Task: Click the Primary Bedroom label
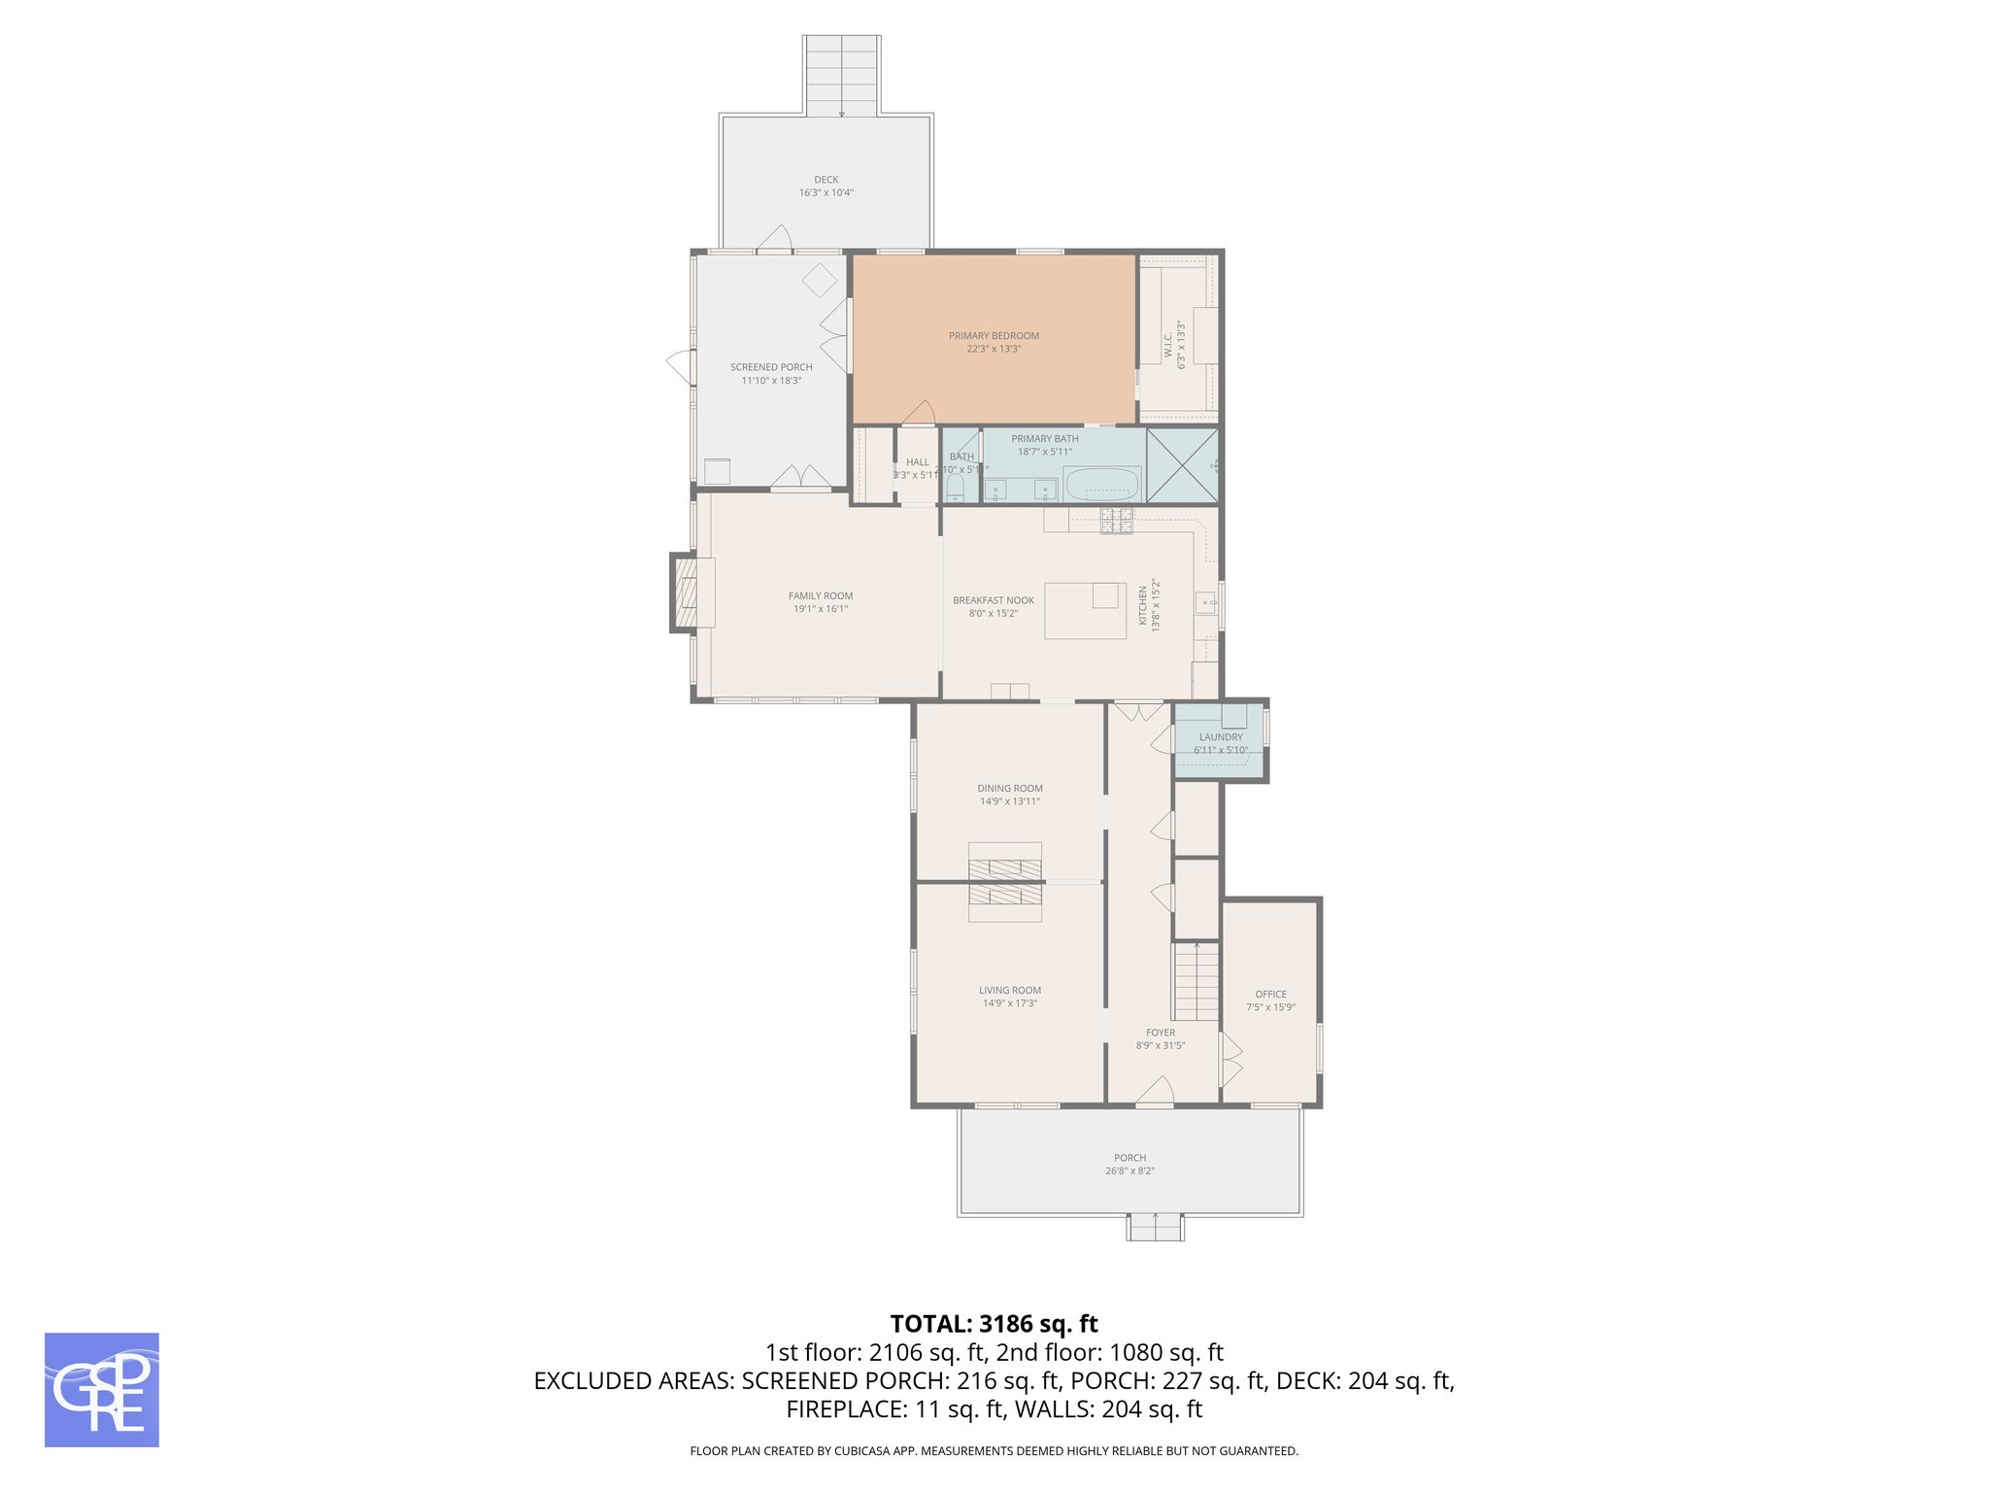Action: (x=994, y=336)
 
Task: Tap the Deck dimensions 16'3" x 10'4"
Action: (x=826, y=193)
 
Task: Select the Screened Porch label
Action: (x=771, y=367)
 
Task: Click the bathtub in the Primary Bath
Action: (x=1102, y=484)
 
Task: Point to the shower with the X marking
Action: (x=1182, y=465)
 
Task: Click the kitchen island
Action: (x=1085, y=611)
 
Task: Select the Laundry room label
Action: (x=1221, y=737)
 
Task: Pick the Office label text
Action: (x=1270, y=995)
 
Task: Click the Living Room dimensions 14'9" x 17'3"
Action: (x=1010, y=1003)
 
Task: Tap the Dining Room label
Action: (x=1010, y=789)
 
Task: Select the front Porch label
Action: (x=1129, y=1158)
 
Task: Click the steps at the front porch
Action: (x=1155, y=1228)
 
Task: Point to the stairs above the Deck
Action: (x=841, y=76)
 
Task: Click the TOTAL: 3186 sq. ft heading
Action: (x=994, y=1324)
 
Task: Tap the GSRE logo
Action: (x=102, y=1390)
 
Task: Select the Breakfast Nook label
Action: (x=994, y=600)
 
